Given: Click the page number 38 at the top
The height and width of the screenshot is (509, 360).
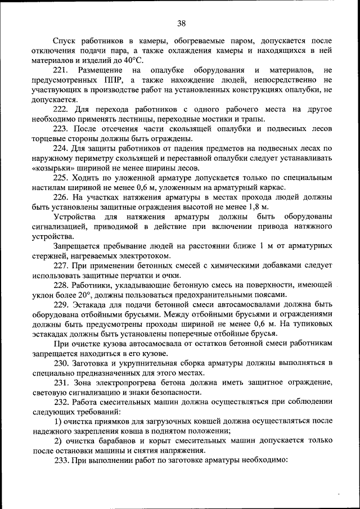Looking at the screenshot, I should pos(181,23).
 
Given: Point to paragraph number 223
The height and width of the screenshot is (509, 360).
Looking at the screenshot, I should pos(61,129).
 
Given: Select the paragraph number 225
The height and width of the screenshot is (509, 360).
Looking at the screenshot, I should pos(61,178).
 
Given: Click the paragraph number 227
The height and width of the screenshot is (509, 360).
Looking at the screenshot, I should pos(61,265).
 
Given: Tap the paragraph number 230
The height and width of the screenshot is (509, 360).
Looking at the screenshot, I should pos(61,363).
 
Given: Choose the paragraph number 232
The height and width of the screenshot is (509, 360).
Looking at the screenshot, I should pos(61,402).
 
